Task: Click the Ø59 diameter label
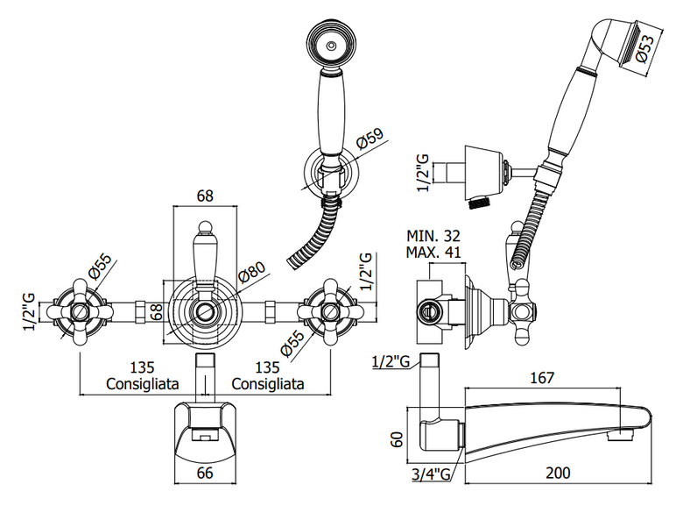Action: [370, 139]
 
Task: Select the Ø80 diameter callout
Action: [251, 274]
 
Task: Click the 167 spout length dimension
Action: [542, 377]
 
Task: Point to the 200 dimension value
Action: [558, 473]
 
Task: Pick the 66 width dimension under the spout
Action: [205, 473]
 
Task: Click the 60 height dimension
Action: [397, 439]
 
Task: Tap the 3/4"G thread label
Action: [431, 474]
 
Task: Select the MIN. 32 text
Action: [433, 236]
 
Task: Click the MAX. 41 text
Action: [433, 253]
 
